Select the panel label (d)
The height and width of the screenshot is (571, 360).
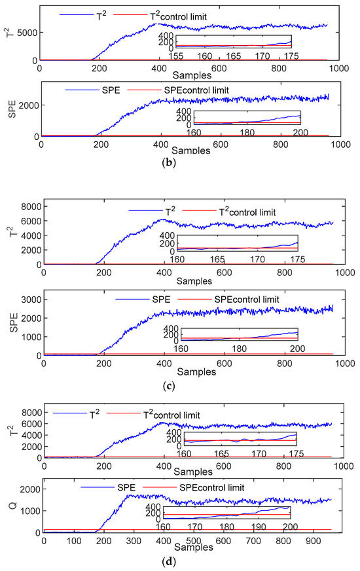(181, 561)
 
